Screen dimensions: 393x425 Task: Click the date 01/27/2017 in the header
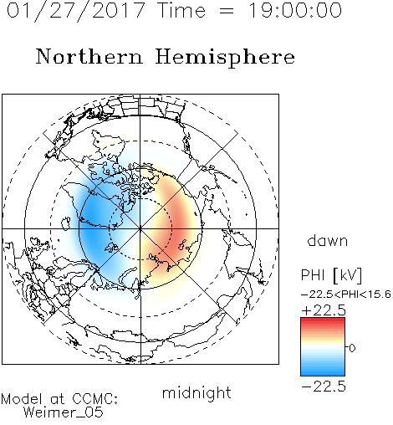click(75, 11)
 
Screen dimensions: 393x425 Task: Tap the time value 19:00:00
click(294, 10)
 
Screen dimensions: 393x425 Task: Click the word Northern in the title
click(89, 56)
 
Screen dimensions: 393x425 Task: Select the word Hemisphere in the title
click(225, 58)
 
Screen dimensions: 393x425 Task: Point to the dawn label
click(328, 240)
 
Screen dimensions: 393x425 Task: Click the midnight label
click(196, 393)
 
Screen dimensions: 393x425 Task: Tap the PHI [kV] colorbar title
click(331, 275)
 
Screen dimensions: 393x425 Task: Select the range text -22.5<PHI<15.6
click(346, 294)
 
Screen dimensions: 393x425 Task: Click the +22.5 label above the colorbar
click(324, 310)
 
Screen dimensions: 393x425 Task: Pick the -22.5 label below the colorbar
click(324, 387)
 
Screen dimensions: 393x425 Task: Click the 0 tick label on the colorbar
click(352, 348)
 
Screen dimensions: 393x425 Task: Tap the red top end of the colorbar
click(323, 320)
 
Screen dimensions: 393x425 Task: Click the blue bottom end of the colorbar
click(323, 373)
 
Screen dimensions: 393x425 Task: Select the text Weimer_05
click(64, 412)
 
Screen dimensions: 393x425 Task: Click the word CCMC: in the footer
click(94, 399)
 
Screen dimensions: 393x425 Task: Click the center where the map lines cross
click(140, 228)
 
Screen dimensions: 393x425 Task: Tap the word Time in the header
click(181, 10)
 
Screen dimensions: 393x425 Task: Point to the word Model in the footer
click(22, 399)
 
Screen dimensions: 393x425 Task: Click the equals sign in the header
click(227, 11)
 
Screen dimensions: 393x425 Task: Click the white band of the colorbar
click(323, 347)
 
